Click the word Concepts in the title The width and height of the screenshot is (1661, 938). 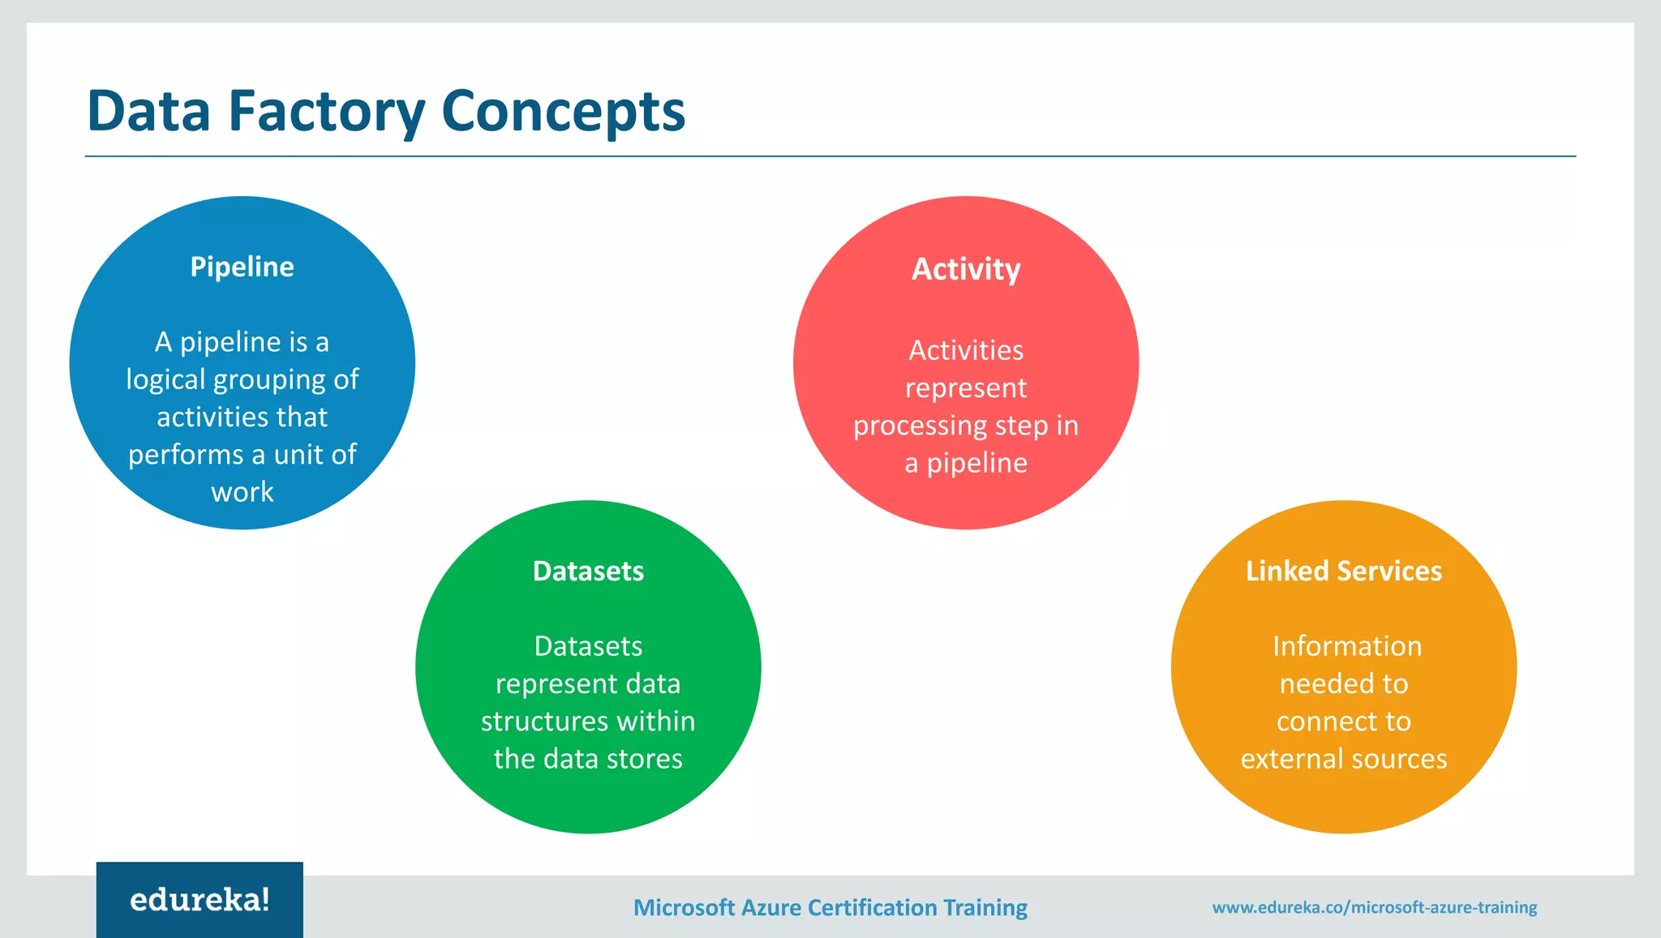pyautogui.click(x=564, y=111)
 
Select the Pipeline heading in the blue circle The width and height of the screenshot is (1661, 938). pyautogui.click(x=242, y=267)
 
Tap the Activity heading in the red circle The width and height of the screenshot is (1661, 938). pyautogui.click(x=966, y=269)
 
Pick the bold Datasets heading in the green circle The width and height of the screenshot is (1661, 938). pyautogui.click(x=588, y=571)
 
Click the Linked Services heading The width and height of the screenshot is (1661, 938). pyautogui.click(x=1344, y=571)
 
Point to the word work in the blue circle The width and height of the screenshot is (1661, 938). pyautogui.click(x=242, y=492)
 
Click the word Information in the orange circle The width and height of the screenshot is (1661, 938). pyautogui.click(x=1346, y=646)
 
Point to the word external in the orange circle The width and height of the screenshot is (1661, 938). pyautogui.click(x=1287, y=759)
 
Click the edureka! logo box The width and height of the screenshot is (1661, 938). pyautogui.click(x=200, y=899)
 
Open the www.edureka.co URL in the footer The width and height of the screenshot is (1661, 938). pyautogui.click(x=1374, y=907)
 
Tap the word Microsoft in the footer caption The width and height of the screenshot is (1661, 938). pyautogui.click(x=684, y=907)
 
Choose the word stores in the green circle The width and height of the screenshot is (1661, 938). pyautogui.click(x=645, y=759)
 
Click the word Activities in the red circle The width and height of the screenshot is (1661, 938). pyautogui.click(x=966, y=350)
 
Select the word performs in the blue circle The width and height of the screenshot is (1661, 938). pyautogui.click(x=186, y=455)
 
